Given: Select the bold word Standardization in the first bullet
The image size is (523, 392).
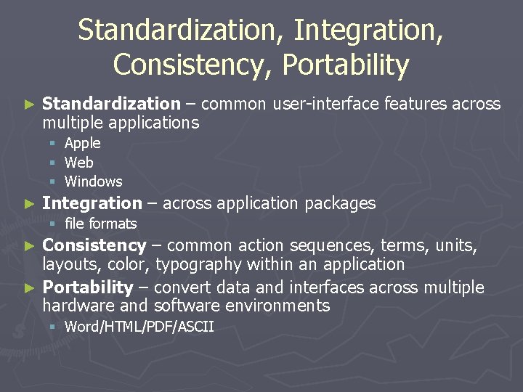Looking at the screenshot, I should pyautogui.click(x=110, y=104).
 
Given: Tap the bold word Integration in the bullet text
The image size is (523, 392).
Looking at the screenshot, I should pyautogui.click(x=92, y=203).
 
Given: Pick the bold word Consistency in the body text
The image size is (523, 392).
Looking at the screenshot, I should pyautogui.click(x=94, y=246).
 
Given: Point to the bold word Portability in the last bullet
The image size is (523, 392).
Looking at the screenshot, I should pyautogui.click(x=87, y=287).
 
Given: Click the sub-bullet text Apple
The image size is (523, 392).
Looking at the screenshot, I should pyautogui.click(x=82, y=144).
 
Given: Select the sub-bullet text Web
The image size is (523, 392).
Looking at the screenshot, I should pyautogui.click(x=78, y=163).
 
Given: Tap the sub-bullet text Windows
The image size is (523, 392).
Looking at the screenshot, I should pyautogui.click(x=93, y=181).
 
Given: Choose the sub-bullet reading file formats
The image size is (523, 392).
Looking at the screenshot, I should pyautogui.click(x=100, y=224).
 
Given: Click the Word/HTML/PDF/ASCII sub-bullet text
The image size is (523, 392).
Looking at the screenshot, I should pyautogui.click(x=139, y=327).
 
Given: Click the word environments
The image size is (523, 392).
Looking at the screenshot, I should pyautogui.click(x=279, y=306).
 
